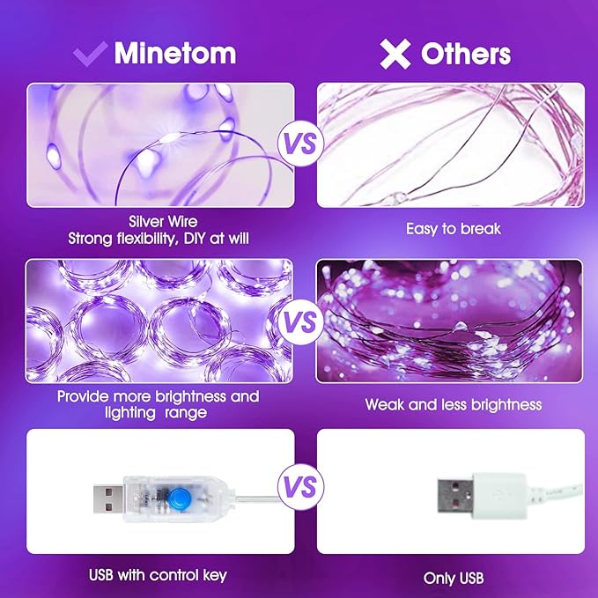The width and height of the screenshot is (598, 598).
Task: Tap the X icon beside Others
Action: [395, 54]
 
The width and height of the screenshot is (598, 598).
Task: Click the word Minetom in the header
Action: [174, 53]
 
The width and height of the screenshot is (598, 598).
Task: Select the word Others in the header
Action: [466, 54]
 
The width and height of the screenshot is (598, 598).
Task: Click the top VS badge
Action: [299, 144]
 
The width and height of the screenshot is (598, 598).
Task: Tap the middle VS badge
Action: [299, 321]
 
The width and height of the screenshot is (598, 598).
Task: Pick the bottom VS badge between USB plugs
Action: [299, 487]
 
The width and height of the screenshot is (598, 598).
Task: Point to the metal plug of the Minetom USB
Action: [109, 498]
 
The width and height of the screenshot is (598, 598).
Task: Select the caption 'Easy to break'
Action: [453, 229]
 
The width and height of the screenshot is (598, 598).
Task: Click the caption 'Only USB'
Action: [453, 578]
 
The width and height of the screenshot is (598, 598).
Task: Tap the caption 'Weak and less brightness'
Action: [453, 405]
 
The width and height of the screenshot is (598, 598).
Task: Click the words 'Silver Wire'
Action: [162, 223]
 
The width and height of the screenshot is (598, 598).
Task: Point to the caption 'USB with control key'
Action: [158, 575]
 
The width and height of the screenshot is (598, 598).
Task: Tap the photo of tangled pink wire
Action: [450, 144]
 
